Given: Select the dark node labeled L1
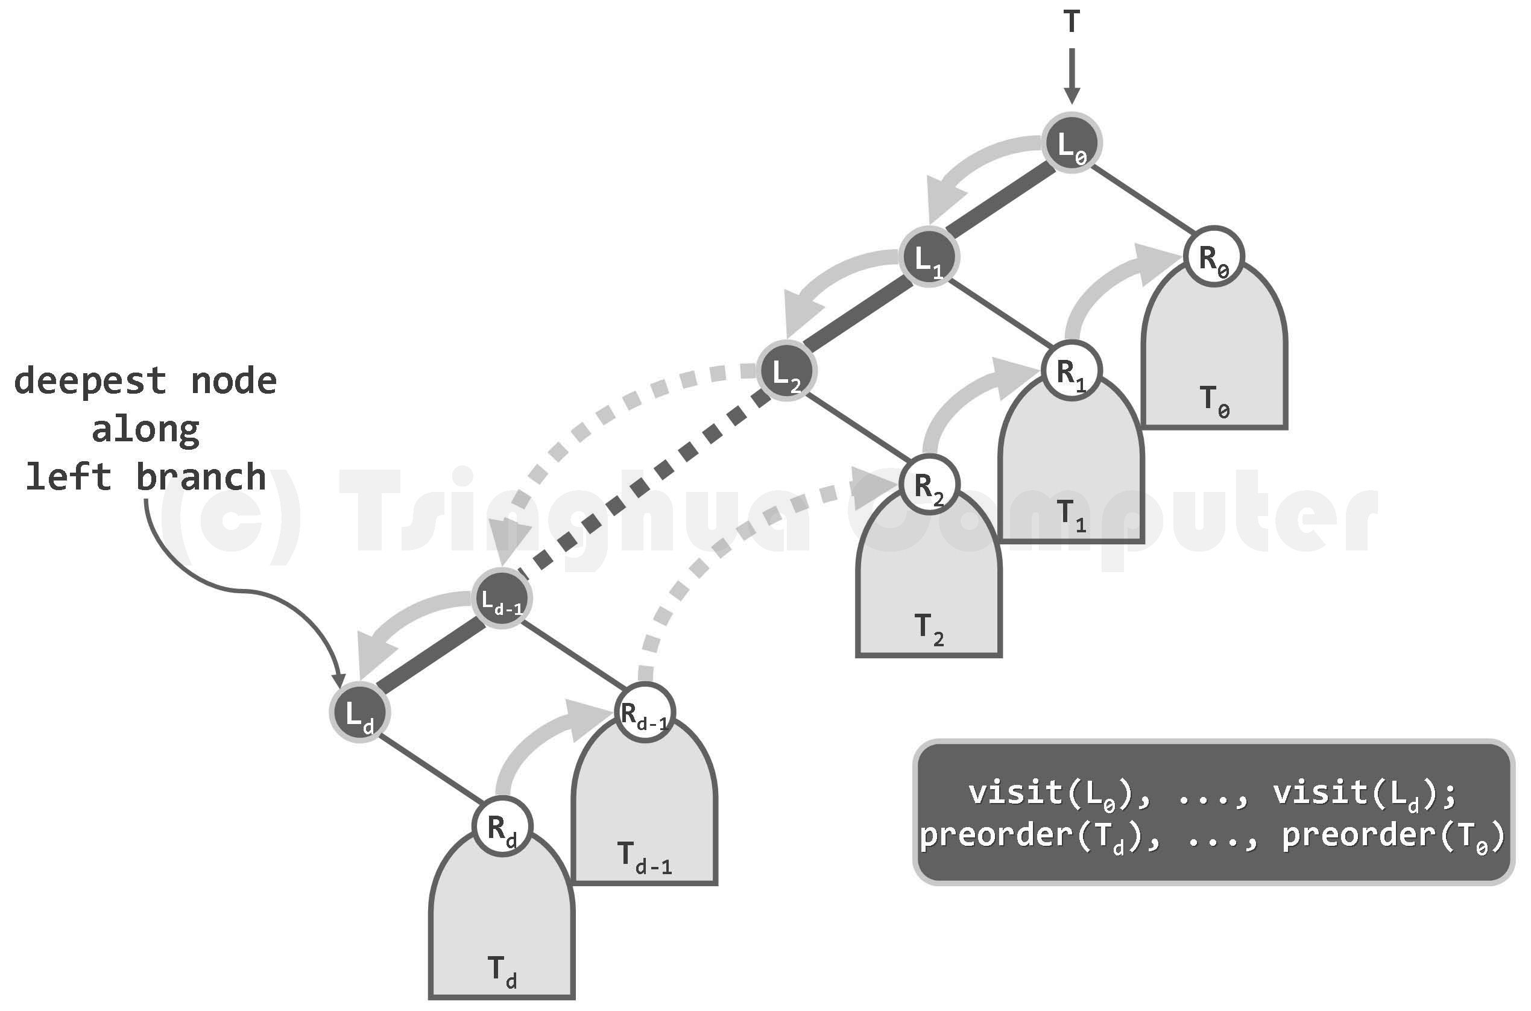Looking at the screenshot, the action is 929,257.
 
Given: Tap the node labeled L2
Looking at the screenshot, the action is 786,371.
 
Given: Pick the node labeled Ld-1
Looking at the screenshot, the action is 502,599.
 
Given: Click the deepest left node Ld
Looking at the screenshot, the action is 359,713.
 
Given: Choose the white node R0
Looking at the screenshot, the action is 1214,257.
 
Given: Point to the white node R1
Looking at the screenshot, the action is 1071,371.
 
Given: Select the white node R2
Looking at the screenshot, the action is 929,485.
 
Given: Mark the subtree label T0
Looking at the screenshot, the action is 1214,401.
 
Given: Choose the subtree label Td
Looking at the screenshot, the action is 502,972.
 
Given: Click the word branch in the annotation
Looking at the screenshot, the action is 201,476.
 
